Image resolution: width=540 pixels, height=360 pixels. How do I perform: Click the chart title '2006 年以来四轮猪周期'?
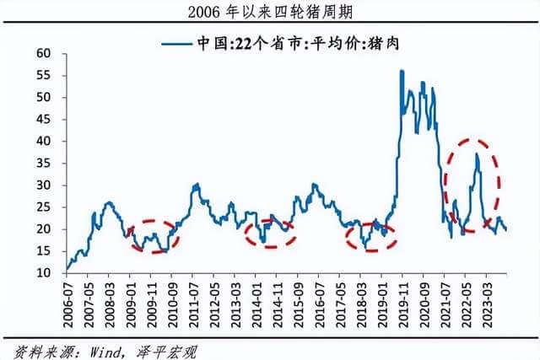[x=270, y=12]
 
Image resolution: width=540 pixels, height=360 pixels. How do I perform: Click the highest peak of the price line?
[x=402, y=71]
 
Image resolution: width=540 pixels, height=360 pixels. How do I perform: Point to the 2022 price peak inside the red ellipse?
[x=477, y=154]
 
